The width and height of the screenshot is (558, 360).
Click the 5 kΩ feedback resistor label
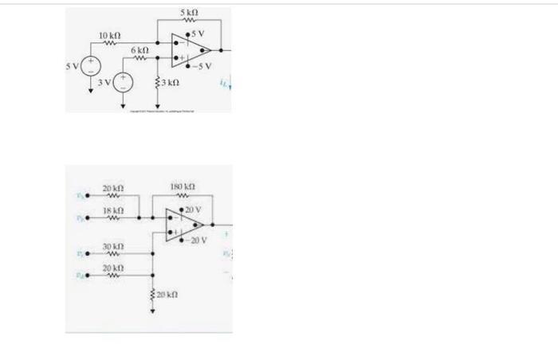tap(189, 14)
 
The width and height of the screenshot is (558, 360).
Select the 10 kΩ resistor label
tap(109, 37)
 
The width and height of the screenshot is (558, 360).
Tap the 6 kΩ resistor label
tap(140, 49)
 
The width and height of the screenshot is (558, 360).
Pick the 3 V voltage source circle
tap(124, 82)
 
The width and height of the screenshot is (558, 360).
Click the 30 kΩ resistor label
tap(113, 247)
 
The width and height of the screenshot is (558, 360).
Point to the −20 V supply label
tap(196, 240)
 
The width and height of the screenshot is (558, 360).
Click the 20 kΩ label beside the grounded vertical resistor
tap(167, 295)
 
